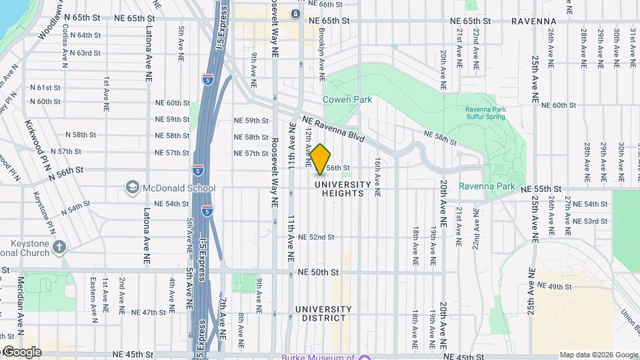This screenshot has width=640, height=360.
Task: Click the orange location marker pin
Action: [321, 159]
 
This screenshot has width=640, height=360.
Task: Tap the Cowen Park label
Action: [347, 99]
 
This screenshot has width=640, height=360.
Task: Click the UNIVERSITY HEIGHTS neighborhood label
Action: [343, 189]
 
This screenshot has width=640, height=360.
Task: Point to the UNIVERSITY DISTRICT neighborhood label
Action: [323, 314]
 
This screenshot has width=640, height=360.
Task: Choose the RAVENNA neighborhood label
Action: [534, 21]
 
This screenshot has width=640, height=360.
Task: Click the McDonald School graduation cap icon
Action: [132, 188]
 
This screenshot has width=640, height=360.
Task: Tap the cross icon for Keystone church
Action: [59, 247]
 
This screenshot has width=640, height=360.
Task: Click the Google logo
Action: [21, 351]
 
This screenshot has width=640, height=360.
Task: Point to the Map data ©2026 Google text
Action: [599, 355]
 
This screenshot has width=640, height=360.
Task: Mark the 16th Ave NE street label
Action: [377, 177]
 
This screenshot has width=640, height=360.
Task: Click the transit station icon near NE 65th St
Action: [295, 13]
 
